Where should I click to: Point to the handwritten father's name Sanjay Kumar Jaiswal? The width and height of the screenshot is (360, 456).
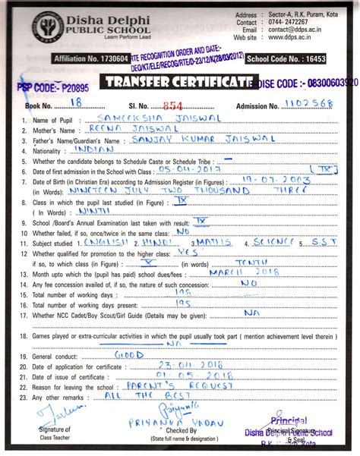[200, 140]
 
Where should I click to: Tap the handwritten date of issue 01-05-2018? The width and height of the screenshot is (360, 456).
[183, 375]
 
